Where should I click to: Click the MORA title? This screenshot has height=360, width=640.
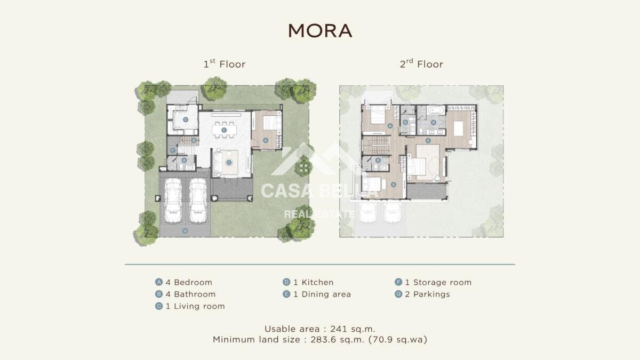320,30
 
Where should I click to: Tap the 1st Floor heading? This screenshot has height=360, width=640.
225,63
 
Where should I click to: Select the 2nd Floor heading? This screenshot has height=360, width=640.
421,63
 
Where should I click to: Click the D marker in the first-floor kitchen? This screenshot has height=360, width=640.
186,119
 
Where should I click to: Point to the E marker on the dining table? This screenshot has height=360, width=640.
224,130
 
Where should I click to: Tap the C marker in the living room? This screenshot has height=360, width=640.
229,163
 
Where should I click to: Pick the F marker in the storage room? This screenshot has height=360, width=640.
173,150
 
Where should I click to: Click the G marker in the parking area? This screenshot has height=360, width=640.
185,230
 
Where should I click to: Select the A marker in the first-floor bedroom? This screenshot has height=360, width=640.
266,140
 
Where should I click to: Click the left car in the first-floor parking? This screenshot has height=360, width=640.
173,201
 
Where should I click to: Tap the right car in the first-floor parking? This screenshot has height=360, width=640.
198,201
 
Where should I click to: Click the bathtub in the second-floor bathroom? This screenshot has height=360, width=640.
436,110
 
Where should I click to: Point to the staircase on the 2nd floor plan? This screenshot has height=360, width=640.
377,145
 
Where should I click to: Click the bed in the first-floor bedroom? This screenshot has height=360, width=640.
271,123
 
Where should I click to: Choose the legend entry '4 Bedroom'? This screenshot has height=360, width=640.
183,282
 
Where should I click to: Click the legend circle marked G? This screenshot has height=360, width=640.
398,294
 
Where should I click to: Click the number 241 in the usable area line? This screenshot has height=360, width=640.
339,329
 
